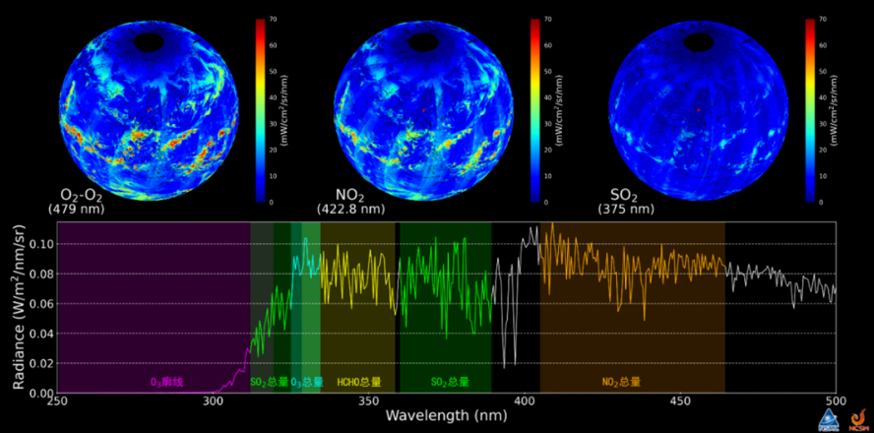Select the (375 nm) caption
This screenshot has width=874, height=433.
click(x=625, y=209)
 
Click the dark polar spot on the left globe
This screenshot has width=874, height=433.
click(x=151, y=41)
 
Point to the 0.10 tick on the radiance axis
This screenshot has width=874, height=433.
click(x=40, y=244)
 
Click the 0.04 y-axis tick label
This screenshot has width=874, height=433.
click(x=40, y=334)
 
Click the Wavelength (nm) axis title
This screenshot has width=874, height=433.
click(x=445, y=417)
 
